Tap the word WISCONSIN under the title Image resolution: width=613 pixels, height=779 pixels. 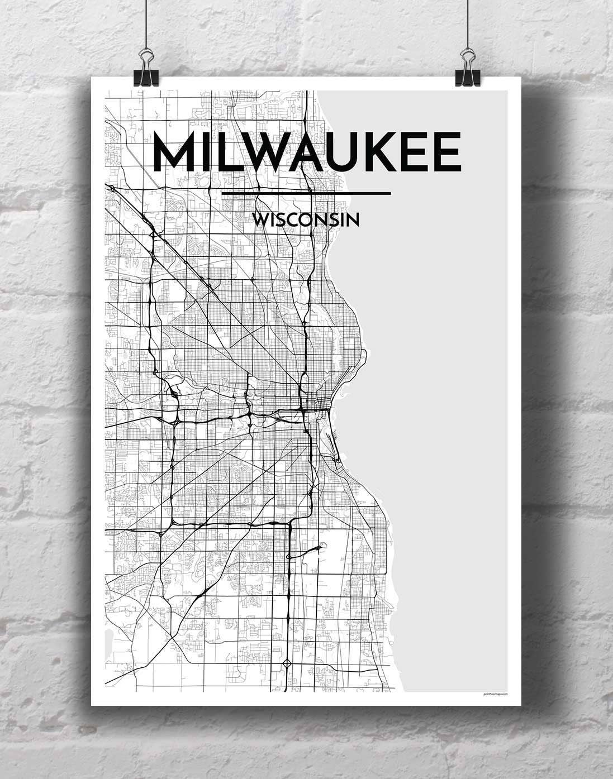tap(305, 219)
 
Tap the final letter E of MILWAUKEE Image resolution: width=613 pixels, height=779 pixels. tap(448, 152)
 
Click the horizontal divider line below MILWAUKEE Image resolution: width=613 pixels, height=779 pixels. tap(306, 194)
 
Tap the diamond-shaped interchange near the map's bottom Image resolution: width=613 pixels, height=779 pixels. tap(287, 663)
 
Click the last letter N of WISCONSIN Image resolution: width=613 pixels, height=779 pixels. tap(352, 219)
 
